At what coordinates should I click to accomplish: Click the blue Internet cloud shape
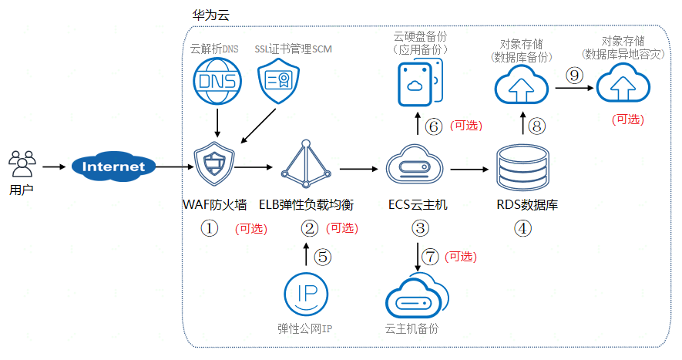(x=113, y=167)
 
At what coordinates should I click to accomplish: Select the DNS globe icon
(x=218, y=82)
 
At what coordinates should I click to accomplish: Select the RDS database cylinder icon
(x=523, y=168)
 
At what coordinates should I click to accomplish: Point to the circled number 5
(x=324, y=257)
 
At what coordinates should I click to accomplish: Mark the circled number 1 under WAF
(x=210, y=228)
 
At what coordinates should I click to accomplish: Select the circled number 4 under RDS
(x=523, y=228)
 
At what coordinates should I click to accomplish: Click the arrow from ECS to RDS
(x=472, y=168)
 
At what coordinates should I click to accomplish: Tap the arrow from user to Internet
(x=55, y=166)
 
